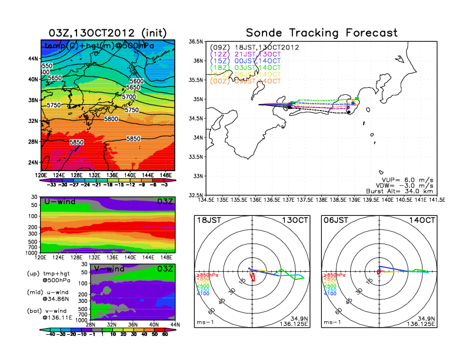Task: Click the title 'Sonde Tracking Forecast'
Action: [321, 32]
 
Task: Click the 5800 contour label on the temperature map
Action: [111, 119]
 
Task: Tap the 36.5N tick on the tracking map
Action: [195, 42]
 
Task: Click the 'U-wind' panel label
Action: [59, 202]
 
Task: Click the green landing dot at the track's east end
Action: [357, 98]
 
